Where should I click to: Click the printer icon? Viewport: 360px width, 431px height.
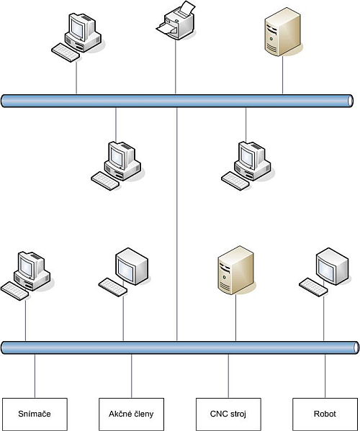176,21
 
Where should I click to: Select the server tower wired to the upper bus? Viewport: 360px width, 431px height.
283,32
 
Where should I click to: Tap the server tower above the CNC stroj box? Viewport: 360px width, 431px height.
236,271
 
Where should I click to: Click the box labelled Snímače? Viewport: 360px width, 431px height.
35,414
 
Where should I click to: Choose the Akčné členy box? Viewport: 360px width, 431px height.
132,414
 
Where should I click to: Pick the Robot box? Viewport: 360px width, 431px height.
325,414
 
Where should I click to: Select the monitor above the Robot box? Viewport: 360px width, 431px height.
332,266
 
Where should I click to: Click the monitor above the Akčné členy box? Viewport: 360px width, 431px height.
132,266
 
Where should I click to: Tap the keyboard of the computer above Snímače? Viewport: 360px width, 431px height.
14,291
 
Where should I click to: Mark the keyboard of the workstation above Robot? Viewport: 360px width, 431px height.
313,287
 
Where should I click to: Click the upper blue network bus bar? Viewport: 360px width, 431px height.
177,101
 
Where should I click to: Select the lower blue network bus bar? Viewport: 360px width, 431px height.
181,348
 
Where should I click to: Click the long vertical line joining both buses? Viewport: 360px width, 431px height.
177,224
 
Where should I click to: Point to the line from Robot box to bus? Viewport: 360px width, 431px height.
325,376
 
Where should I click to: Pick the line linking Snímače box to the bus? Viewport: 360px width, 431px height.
35,376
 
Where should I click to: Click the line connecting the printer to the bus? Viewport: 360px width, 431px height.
176,67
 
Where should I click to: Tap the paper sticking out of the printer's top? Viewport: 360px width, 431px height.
188,8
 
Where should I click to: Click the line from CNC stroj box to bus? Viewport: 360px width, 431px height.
228,376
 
